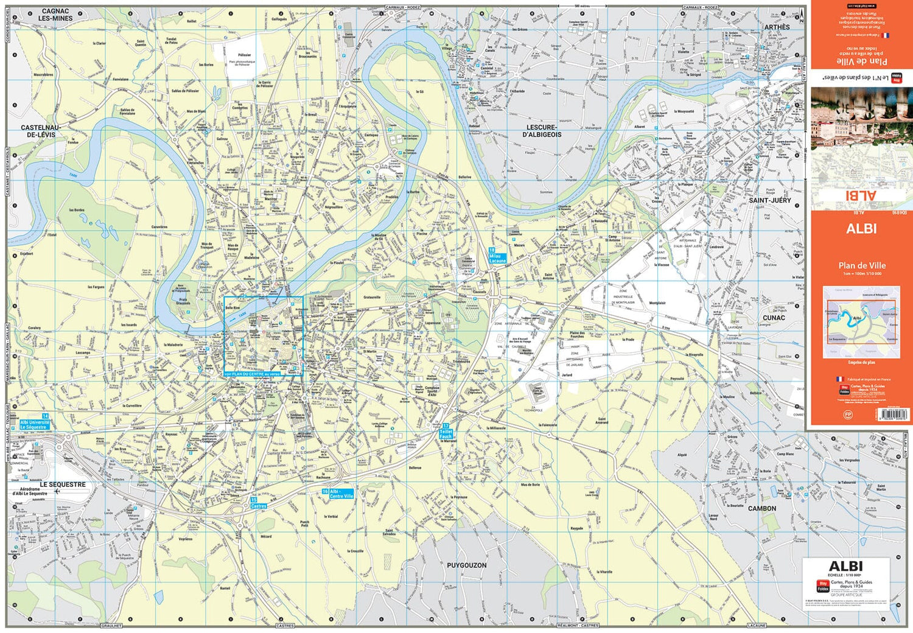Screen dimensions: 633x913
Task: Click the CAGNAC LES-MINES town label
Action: click(55, 15)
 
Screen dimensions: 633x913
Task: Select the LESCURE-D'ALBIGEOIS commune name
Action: click(542, 131)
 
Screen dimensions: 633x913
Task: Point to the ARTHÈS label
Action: click(777, 27)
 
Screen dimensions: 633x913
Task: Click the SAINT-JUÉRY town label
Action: click(770, 200)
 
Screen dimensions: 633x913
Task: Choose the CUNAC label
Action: click(774, 318)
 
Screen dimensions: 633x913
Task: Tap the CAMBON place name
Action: click(762, 508)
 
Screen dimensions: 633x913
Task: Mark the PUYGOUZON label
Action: click(467, 565)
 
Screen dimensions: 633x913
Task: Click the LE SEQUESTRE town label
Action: click(63, 484)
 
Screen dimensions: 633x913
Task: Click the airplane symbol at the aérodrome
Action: click(57, 491)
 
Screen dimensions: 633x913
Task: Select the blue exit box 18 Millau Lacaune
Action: click(497, 256)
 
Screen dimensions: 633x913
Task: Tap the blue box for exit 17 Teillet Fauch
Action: click(446, 433)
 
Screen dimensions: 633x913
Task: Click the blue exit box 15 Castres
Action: click(258, 503)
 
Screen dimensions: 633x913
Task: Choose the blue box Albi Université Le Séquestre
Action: click(35, 424)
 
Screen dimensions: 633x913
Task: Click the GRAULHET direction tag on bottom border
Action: click(111, 626)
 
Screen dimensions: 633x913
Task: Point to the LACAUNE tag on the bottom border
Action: click(757, 626)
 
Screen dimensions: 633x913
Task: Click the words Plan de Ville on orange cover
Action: click(862, 265)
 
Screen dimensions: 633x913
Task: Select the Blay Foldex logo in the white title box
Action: click(822, 586)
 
